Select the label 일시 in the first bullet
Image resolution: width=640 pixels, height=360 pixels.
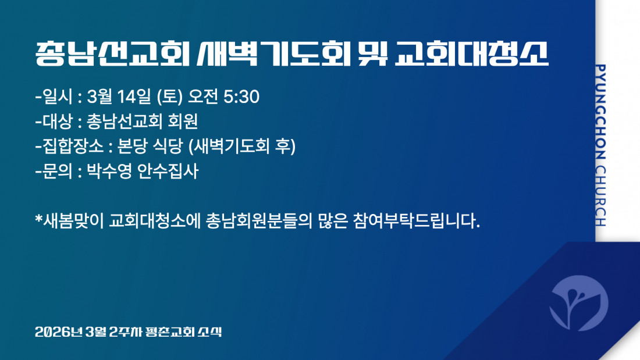tap(57, 97)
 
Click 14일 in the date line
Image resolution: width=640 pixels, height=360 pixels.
tap(134, 97)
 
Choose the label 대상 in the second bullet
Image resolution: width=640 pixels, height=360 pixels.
tap(57, 121)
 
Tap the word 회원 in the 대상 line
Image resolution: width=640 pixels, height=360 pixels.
tap(183, 121)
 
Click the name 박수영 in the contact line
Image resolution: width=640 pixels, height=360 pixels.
tap(109, 171)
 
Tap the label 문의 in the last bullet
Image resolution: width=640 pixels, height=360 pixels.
tap(57, 171)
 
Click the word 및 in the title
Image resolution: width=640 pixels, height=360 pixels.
tap(372, 54)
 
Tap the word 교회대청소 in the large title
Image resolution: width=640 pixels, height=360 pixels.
tap(472, 54)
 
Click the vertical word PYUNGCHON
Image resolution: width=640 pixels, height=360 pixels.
tap(600, 112)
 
